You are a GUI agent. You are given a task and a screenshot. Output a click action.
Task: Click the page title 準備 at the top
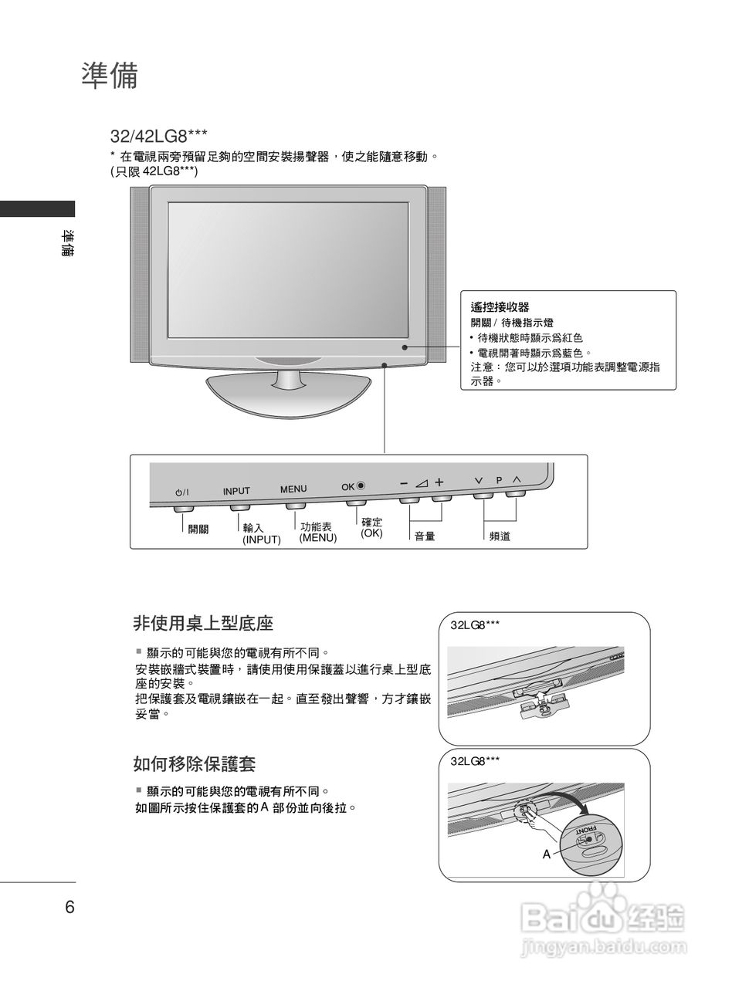point(109,76)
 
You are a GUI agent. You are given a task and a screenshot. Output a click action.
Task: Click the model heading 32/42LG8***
point(158,137)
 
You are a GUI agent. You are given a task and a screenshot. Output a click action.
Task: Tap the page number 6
point(69,907)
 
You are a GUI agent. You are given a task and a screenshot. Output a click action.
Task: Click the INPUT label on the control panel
point(236,491)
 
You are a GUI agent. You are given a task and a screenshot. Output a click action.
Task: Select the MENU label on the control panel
point(293,489)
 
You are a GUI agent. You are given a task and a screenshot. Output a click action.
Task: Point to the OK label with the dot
point(353,486)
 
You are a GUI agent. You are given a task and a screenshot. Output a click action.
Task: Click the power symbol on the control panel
point(182,492)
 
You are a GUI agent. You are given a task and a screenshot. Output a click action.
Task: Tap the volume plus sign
point(439,482)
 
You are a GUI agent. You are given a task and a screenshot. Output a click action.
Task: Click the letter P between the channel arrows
point(499,480)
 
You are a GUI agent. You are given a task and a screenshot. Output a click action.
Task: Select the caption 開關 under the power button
point(198,530)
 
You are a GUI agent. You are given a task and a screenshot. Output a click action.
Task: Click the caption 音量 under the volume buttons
point(425,536)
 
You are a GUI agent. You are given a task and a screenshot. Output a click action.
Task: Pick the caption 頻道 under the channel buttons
point(500,536)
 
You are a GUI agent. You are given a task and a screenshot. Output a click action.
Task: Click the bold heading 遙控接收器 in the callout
point(500,307)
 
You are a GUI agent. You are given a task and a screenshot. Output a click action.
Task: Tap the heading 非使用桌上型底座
point(203,623)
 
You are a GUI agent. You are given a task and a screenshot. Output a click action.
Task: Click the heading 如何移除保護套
point(194,764)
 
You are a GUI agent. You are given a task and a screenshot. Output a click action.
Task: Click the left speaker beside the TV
point(140,274)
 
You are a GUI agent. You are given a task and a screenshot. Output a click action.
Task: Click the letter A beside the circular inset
point(547,854)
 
